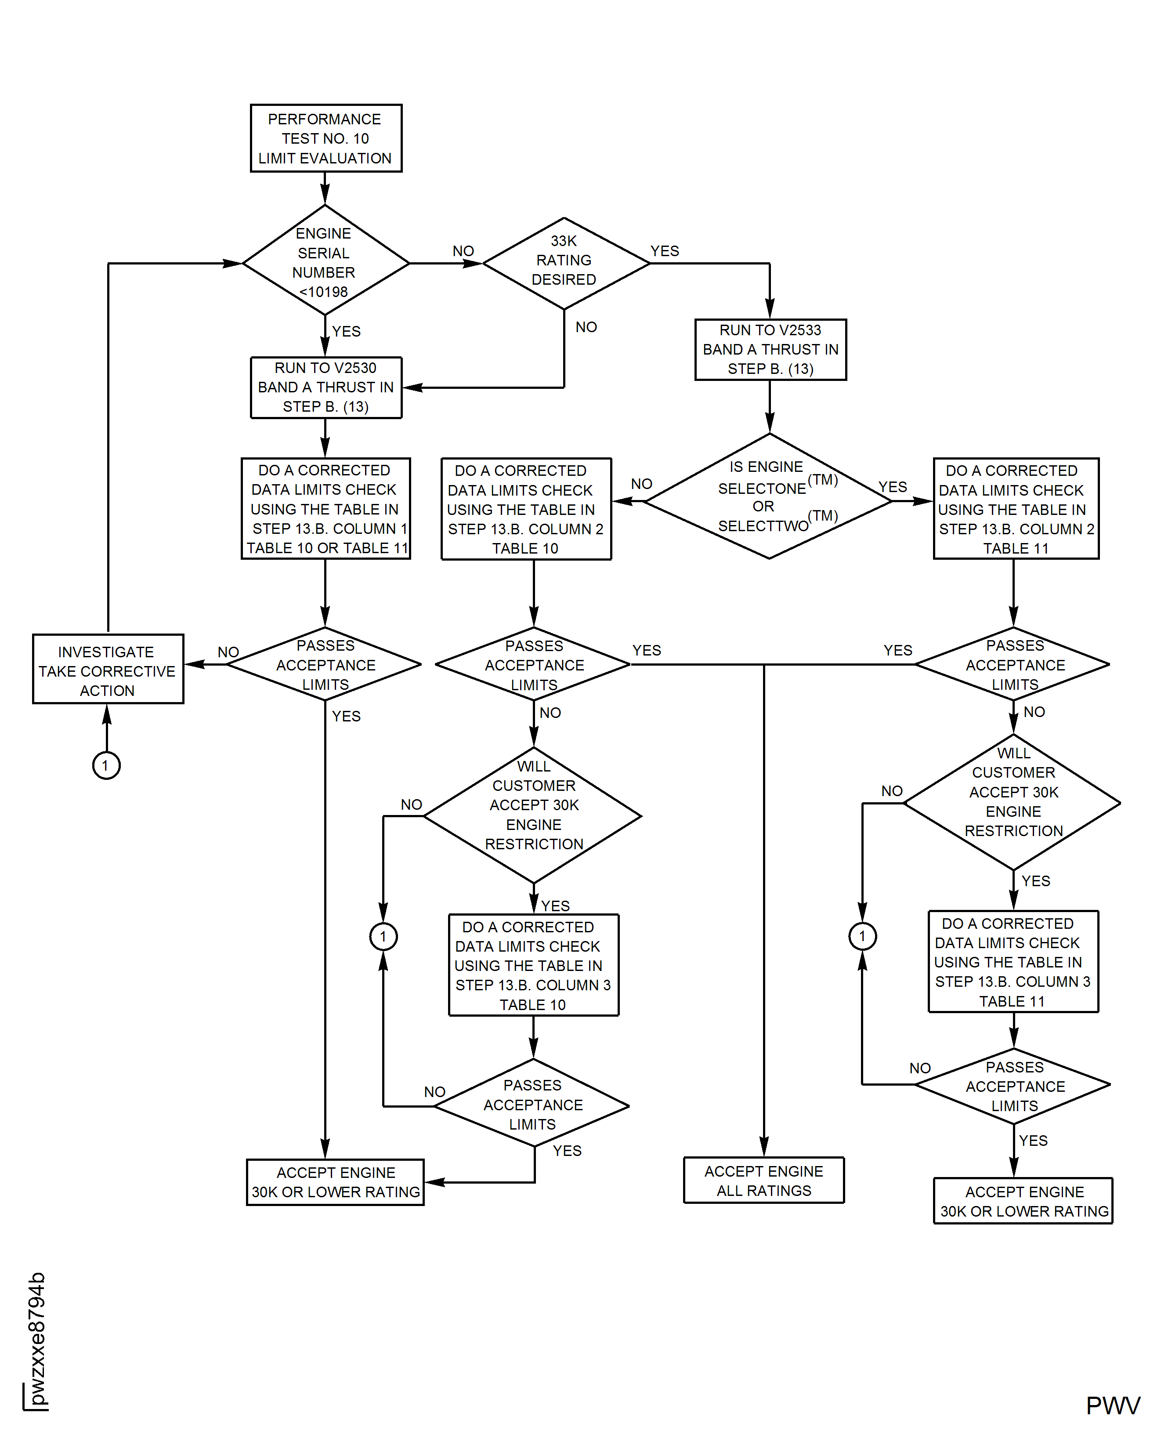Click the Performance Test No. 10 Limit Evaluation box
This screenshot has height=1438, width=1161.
point(326,138)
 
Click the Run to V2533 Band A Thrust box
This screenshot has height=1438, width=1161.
point(770,350)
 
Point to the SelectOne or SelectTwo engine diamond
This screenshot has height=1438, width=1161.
point(769,497)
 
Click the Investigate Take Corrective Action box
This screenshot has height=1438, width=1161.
point(108,670)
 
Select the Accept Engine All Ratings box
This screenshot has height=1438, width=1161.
point(764,1181)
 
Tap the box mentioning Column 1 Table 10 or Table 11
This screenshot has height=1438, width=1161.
point(326,509)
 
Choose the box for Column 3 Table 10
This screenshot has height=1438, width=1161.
point(533,965)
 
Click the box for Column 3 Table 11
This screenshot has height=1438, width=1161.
point(1013,962)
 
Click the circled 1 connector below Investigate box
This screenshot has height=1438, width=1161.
point(106,765)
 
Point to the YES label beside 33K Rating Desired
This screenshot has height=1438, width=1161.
point(665,251)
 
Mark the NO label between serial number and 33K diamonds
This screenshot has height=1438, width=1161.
point(463,251)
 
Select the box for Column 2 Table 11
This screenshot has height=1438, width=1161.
point(1016,509)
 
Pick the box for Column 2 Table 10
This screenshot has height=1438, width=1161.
point(526,509)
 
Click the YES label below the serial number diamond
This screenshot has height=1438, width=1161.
point(347,332)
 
